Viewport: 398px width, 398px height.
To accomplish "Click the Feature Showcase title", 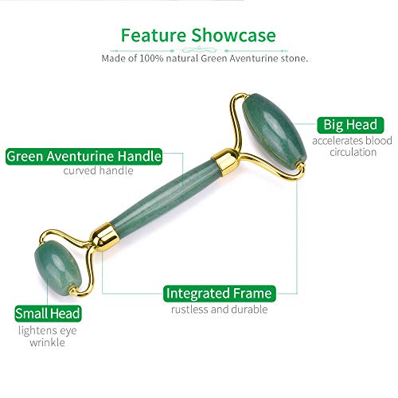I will [198, 35].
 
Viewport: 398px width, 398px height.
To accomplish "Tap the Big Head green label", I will [349, 124].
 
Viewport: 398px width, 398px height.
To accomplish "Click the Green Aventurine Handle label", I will [84, 156].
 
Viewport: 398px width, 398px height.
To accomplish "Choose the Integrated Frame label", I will [219, 294].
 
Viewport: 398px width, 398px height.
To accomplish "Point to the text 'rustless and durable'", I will [218, 310].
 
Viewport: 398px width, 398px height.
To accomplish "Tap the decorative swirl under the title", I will [198, 48].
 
